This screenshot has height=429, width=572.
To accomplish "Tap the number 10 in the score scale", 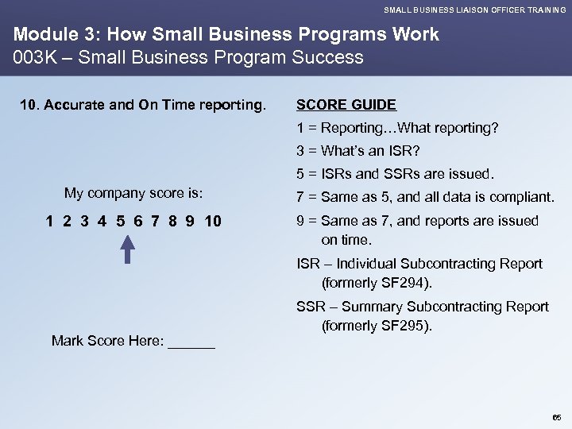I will coord(213,221).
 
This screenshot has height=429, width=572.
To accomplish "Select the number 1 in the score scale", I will coord(50,221).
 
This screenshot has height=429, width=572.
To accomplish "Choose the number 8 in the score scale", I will coord(170,221).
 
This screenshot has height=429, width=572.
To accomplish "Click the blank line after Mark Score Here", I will coord(192,342).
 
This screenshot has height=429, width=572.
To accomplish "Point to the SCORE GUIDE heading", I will coord(346,104).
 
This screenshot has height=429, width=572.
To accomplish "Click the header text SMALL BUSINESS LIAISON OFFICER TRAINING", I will coord(475,10).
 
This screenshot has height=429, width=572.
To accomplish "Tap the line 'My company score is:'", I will coord(133,193).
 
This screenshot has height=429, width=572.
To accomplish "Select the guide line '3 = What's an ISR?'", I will coord(358,150).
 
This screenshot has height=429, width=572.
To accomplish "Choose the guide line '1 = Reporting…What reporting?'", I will coord(397,127).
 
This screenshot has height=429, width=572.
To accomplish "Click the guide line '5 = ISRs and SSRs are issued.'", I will coord(395,173).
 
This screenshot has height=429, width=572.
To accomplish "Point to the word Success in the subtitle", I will coord(327,57).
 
